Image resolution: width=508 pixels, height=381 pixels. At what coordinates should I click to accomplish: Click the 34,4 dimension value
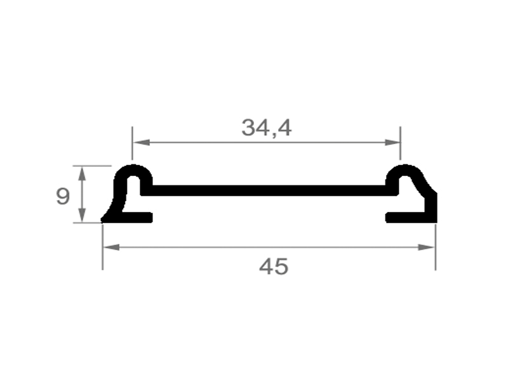[x=266, y=128]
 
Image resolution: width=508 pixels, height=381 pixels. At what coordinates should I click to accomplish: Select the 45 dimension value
[x=274, y=267]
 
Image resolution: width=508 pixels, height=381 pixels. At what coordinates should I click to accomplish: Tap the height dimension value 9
[x=62, y=196]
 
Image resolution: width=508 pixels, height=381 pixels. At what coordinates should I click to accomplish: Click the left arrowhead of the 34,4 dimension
[x=141, y=142]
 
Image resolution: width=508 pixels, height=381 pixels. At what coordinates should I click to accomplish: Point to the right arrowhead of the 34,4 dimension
[x=392, y=142]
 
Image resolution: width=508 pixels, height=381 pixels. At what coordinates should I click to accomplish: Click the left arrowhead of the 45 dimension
[x=112, y=247]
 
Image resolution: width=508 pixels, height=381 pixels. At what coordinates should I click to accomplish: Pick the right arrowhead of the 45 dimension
[x=426, y=247]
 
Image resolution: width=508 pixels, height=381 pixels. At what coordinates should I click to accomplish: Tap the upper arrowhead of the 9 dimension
[x=83, y=173]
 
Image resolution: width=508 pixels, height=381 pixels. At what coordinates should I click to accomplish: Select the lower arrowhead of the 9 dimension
[x=83, y=215]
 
